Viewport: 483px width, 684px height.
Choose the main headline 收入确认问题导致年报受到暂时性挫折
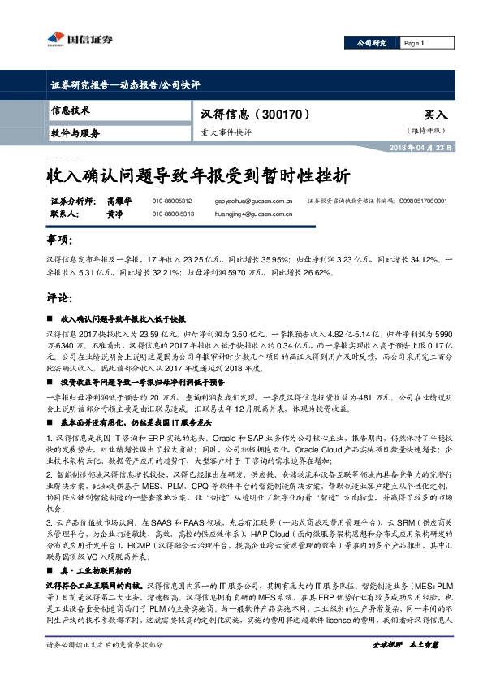198,175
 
